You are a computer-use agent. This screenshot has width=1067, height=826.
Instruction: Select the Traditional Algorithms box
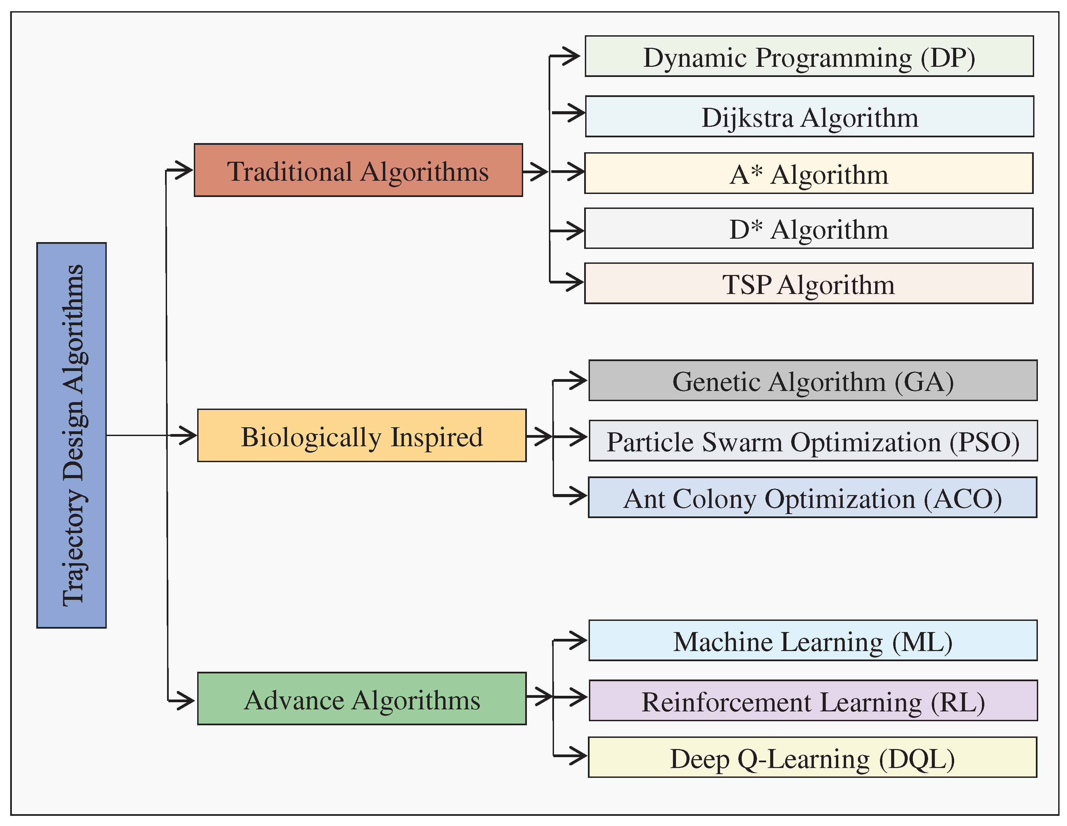click(x=358, y=170)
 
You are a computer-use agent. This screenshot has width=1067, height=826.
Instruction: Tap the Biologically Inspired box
click(x=362, y=435)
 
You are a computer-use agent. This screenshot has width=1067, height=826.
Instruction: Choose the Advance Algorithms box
click(x=362, y=699)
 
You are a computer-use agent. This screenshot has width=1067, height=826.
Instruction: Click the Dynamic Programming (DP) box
click(x=809, y=56)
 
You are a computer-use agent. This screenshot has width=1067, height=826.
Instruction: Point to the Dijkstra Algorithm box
click(x=809, y=116)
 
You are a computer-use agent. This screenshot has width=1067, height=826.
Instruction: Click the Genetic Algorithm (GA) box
click(x=813, y=380)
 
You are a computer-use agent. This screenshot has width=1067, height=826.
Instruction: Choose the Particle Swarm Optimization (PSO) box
click(x=813, y=440)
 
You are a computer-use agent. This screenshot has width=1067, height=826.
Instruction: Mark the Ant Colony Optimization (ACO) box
click(x=813, y=497)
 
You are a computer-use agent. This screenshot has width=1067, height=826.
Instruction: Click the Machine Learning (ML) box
click(x=813, y=641)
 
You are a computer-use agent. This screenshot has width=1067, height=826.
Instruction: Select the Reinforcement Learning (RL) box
click(x=813, y=700)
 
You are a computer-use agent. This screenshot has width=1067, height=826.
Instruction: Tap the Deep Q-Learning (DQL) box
click(x=813, y=757)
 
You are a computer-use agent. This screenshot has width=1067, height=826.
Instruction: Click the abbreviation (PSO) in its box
click(x=984, y=441)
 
